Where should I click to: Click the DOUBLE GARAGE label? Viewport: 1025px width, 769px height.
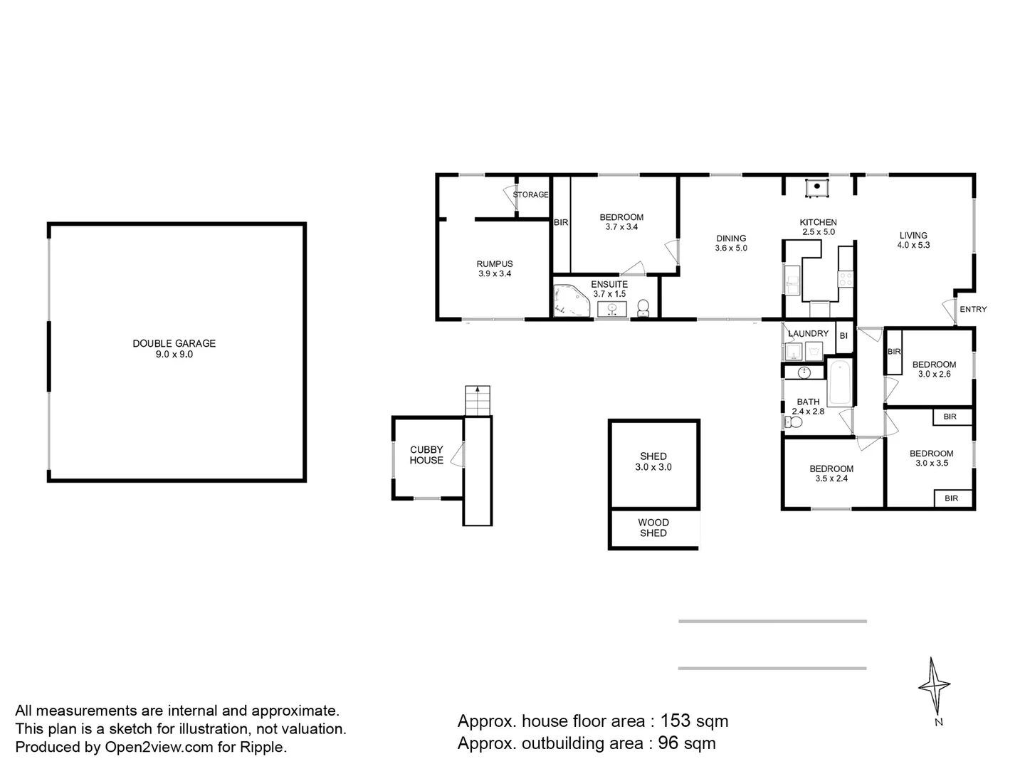pos(174,343)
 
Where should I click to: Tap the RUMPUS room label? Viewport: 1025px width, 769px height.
pos(495,263)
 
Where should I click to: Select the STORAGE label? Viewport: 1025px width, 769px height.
pos(530,194)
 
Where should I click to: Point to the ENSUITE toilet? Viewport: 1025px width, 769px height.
pos(643,308)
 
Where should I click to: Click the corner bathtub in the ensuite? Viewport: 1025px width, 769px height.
pos(570,300)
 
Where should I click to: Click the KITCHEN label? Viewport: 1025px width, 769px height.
pos(818,222)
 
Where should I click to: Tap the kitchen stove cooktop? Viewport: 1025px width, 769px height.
pos(846,279)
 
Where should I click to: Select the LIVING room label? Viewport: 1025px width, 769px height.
pos(913,235)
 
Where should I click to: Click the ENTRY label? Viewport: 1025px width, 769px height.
pos(973,309)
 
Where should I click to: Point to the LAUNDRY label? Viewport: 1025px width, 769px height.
pos(809,333)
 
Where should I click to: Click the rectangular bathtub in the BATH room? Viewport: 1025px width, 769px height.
pos(840,382)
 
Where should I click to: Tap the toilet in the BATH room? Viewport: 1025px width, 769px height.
pos(794,422)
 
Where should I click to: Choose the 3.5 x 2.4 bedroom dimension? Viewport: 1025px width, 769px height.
pos(831,478)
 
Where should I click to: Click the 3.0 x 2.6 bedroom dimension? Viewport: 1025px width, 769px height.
pos(934,374)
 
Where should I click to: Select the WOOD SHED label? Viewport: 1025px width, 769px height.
pos(653,528)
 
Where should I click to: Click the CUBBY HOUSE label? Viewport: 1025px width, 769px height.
pos(426,455)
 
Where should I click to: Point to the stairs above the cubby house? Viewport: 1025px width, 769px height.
pos(477,401)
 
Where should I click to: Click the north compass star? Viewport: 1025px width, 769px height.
pos(934,686)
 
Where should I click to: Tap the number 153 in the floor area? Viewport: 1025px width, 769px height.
pos(676,721)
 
